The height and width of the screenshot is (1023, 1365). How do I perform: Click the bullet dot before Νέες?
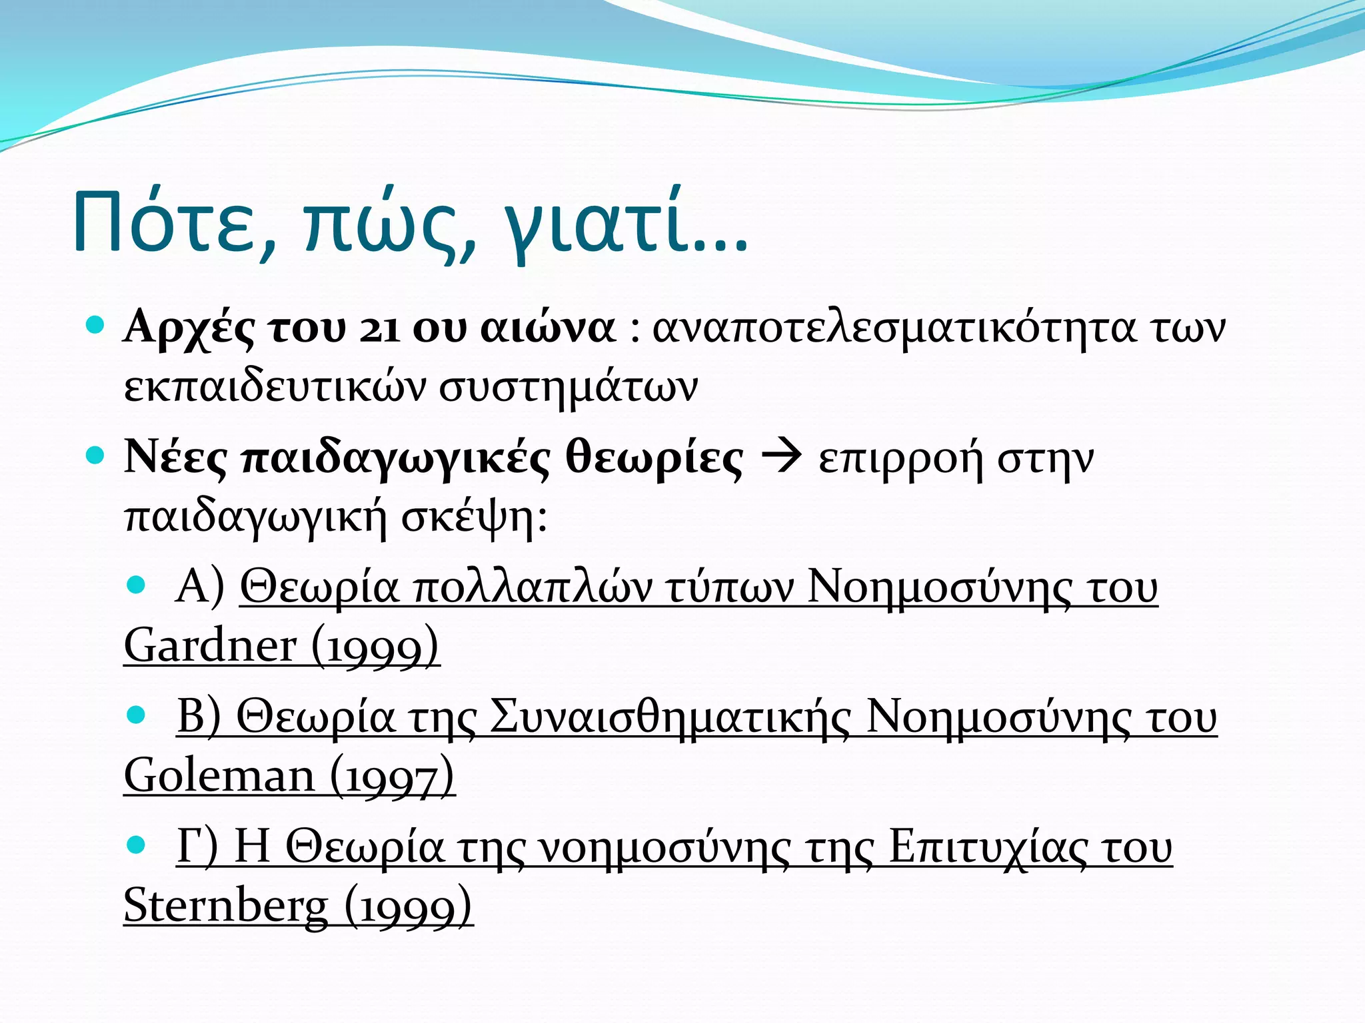click(96, 456)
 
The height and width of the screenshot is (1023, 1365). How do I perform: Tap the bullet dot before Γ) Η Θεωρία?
click(136, 845)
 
